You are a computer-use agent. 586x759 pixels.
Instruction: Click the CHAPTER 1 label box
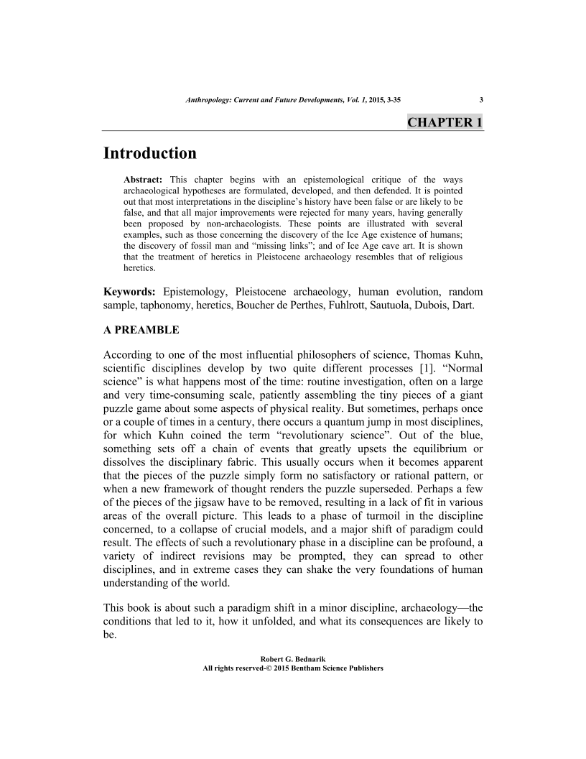point(445,121)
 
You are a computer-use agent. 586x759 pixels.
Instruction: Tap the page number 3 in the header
point(480,100)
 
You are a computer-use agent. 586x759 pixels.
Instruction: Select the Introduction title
point(150,153)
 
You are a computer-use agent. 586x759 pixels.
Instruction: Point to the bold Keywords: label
point(130,291)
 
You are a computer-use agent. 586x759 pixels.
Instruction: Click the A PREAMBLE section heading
point(141,331)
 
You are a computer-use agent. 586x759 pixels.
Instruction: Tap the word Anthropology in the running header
point(208,100)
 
